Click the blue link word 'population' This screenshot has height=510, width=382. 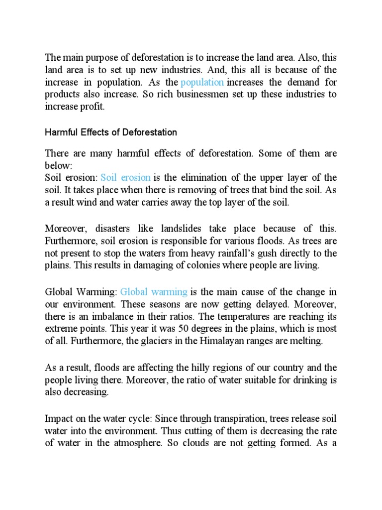[202, 82]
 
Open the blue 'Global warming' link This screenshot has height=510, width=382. [154, 291]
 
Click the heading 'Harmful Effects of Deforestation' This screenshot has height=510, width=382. [111, 132]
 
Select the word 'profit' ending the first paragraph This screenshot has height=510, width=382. [95, 107]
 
